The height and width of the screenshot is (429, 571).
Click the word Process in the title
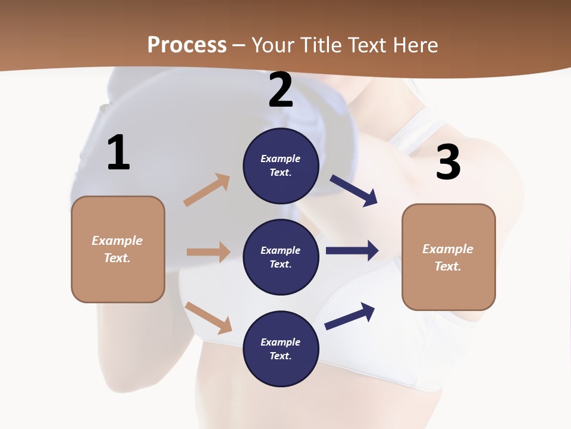click(x=187, y=45)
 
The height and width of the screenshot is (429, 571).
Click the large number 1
click(x=118, y=153)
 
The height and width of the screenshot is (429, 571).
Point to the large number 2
click(x=281, y=90)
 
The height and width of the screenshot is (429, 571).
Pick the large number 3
click(x=448, y=162)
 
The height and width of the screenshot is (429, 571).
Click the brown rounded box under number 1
click(x=118, y=249)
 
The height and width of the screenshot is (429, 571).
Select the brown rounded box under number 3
click(x=448, y=257)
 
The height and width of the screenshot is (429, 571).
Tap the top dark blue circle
click(x=281, y=166)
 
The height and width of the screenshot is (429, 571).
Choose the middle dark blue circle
click(x=281, y=257)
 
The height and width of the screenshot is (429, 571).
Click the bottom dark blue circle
click(x=281, y=349)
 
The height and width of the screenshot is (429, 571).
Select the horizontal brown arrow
click(x=208, y=252)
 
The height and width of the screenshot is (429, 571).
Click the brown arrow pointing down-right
click(x=209, y=318)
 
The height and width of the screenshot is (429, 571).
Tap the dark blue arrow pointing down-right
click(x=354, y=191)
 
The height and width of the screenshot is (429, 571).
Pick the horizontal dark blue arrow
click(x=352, y=250)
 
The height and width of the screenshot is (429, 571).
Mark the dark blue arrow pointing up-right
click(x=350, y=316)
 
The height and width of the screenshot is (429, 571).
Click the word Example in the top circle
click(x=281, y=159)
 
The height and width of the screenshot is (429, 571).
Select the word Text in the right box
click(x=448, y=266)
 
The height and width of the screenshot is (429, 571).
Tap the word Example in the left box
click(x=117, y=241)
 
